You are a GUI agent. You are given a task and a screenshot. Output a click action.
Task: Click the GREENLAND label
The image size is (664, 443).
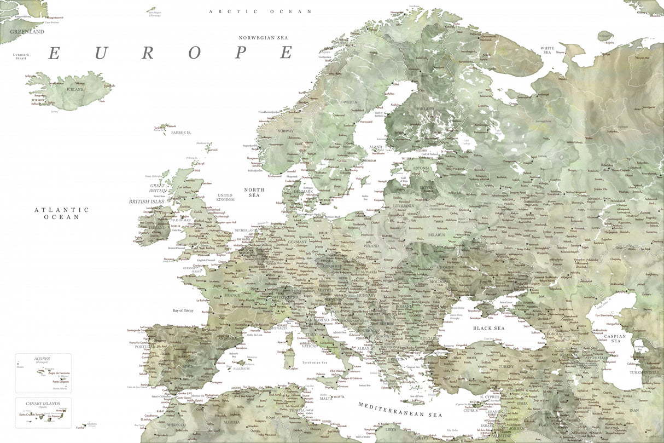pos(27,32)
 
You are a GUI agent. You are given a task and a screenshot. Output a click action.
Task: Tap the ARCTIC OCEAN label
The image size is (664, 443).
pos(260,11)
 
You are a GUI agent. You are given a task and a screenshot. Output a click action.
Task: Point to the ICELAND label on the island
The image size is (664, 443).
pos(75,89)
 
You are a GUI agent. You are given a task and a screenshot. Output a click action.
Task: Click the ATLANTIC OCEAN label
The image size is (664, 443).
pos(62,213)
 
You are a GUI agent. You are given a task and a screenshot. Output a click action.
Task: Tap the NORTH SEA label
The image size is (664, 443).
pos(254,192)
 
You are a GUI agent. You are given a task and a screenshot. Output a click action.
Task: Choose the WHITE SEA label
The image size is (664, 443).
pos(547,50)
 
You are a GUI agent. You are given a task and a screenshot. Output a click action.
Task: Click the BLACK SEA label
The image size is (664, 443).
pos(489,328)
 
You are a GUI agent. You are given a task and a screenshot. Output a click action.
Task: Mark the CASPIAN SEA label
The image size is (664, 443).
pos(616,338)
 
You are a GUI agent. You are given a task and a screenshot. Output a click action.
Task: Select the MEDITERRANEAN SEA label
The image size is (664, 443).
pos(400,410)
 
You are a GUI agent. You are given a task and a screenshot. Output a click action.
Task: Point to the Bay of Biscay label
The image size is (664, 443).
pos(183,310)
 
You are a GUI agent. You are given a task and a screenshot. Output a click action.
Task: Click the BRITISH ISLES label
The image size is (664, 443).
pos(147,202)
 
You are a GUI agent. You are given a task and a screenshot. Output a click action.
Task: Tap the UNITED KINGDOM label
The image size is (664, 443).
pos(225,197)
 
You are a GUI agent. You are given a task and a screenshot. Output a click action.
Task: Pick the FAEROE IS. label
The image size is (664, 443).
pos(181,133)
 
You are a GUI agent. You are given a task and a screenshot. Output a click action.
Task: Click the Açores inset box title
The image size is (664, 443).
pos(42,359)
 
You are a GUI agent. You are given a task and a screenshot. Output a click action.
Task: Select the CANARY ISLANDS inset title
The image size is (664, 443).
pos(43,403)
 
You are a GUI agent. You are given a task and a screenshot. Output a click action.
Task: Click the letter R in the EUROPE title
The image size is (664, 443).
pos(147,53)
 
